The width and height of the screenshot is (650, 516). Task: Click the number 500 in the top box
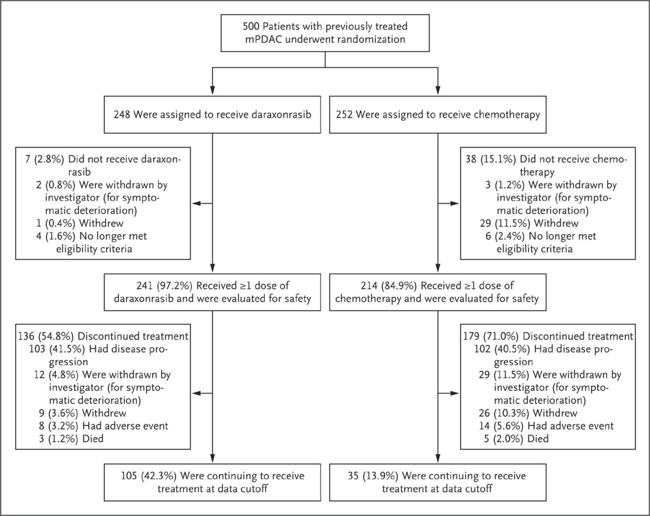click(251, 27)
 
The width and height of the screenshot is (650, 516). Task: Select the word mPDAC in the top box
click(263, 40)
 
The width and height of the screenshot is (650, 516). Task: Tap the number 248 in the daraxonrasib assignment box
click(122, 115)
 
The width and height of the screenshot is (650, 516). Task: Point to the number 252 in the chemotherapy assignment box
click(344, 115)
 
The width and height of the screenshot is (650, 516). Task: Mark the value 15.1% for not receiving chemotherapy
click(498, 159)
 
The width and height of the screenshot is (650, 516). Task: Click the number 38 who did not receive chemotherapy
click(471, 159)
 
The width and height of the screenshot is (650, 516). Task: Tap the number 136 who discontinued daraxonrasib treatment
click(27, 336)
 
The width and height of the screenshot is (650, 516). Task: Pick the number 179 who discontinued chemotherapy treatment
click(471, 336)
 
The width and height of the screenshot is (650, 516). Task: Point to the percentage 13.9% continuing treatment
click(380, 476)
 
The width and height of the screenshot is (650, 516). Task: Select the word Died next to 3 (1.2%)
click(93, 439)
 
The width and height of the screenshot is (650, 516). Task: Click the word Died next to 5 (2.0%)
click(538, 439)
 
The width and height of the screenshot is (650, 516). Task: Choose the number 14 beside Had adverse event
click(484, 426)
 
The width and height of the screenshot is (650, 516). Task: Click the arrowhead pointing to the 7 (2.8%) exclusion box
click(196, 204)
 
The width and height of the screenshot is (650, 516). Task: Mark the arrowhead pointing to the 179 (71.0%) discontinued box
click(454, 394)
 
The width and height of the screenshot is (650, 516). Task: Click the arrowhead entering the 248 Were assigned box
click(212, 90)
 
